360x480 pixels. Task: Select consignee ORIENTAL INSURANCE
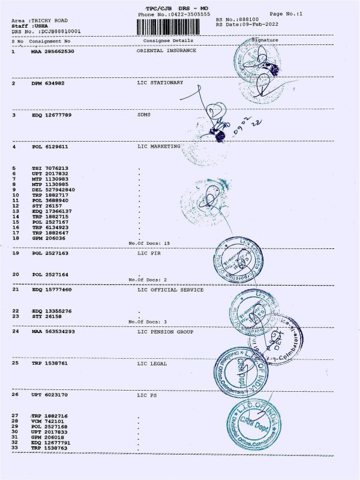tap(166, 51)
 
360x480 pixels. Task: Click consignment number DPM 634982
tap(49, 83)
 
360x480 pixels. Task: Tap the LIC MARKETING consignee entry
tap(159, 146)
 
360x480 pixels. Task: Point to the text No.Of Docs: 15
tap(150, 243)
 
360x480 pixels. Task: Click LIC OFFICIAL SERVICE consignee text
tap(170, 290)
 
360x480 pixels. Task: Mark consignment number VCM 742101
tap(50, 422)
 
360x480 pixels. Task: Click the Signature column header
tap(265, 40)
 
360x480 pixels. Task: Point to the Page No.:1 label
tap(285, 13)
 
